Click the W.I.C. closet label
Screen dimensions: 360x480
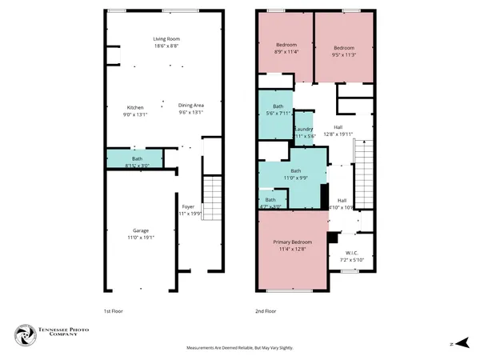[x=351, y=256]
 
